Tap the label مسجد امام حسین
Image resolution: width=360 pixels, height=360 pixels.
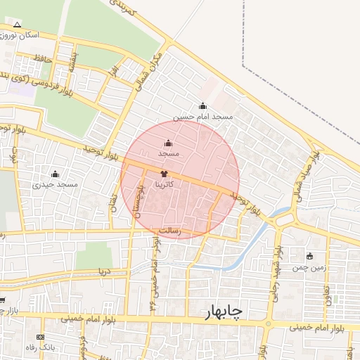coord(203,117)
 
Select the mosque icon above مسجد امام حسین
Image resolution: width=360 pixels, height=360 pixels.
coord(203,106)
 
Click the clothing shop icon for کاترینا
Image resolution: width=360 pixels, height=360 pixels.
coord(164,172)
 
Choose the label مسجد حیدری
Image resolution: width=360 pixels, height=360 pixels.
coord(54,184)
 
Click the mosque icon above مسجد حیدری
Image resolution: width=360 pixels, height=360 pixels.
coord(55,174)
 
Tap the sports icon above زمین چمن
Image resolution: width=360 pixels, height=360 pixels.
coord(310,256)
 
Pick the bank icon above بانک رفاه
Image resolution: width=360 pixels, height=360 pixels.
coord(49,337)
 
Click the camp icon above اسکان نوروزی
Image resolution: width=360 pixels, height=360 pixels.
coord(17,25)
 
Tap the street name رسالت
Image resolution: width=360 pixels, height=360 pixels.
coord(169,230)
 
